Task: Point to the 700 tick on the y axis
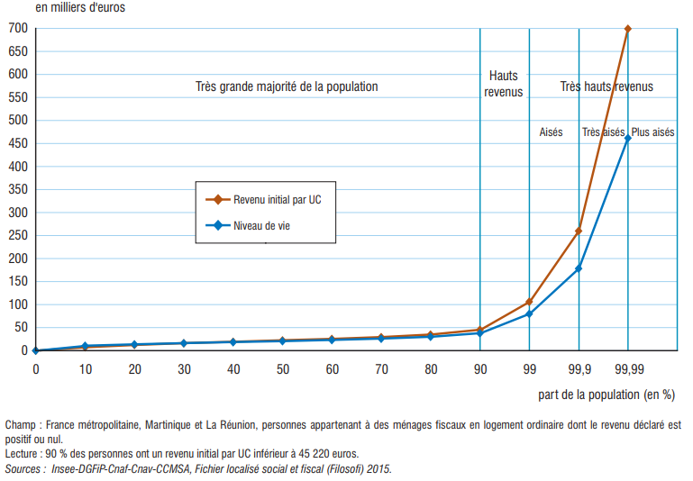pyautogui.click(x=18, y=29)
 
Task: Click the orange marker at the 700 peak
pyautogui.click(x=628, y=29)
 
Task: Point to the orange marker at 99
pyautogui.click(x=529, y=302)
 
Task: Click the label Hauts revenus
pyautogui.click(x=504, y=84)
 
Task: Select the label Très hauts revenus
pyautogui.click(x=606, y=86)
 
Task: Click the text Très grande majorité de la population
pyautogui.click(x=287, y=86)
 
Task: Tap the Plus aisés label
pyautogui.click(x=653, y=132)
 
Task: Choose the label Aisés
pyautogui.click(x=551, y=132)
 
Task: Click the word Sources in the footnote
pyautogui.click(x=23, y=468)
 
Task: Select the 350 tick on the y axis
pyautogui.click(x=18, y=189)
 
